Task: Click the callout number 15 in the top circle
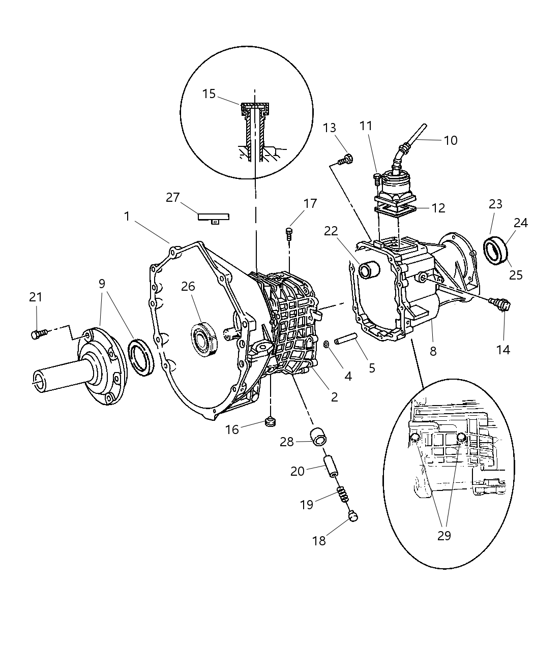209,94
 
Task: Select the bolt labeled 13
345,160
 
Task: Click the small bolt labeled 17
289,234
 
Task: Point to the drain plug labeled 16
270,421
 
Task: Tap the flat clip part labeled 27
213,217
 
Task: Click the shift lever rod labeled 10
417,135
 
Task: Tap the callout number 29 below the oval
444,536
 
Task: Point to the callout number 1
127,217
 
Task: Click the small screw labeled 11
377,178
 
